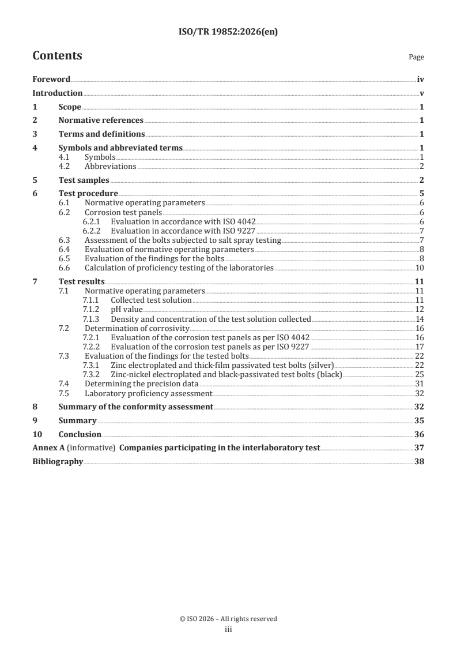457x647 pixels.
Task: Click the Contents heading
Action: (x=57, y=56)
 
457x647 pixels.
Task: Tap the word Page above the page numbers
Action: (x=416, y=58)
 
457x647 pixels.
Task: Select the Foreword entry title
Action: (x=51, y=80)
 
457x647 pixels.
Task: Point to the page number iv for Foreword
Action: (x=421, y=80)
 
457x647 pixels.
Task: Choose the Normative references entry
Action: (x=101, y=121)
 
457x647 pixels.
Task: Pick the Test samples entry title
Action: (x=84, y=180)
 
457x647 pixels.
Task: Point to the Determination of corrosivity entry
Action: (x=137, y=328)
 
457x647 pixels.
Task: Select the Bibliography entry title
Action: (x=58, y=462)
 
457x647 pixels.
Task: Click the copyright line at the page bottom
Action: (x=228, y=619)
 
